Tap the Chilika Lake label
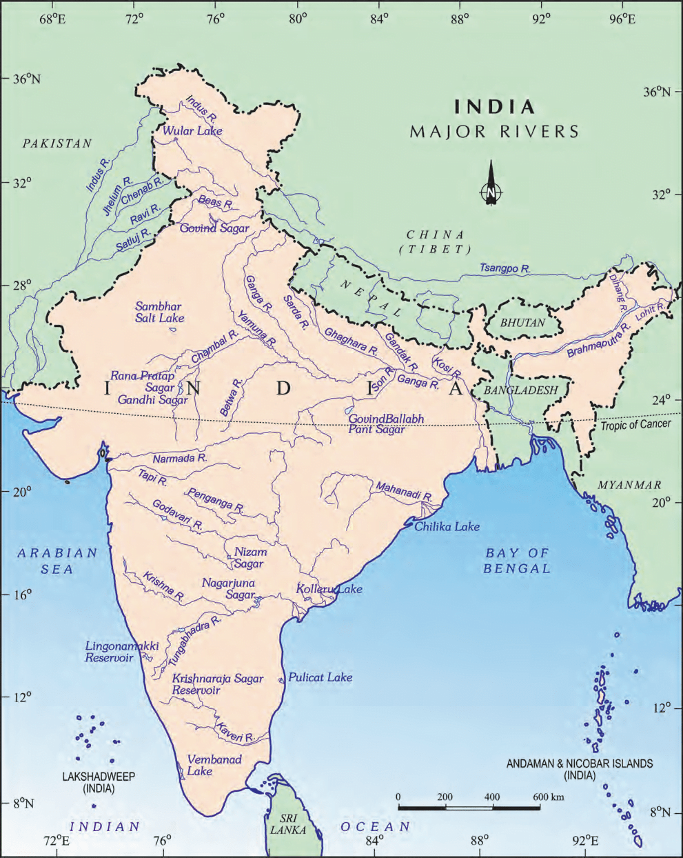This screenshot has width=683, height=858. [447, 526]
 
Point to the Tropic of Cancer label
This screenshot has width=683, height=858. [635, 424]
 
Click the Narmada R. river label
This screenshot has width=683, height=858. [180, 458]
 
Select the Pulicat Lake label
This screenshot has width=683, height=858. [320, 677]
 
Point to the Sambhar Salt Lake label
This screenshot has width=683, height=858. [159, 312]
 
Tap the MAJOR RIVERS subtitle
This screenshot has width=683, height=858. [494, 131]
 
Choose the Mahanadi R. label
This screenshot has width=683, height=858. [403, 491]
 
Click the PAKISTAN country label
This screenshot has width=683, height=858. [57, 143]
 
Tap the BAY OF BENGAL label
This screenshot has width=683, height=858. [517, 560]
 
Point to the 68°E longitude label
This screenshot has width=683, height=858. [52, 19]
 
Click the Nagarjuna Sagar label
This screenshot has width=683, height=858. [228, 588]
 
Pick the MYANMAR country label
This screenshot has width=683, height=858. [629, 485]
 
